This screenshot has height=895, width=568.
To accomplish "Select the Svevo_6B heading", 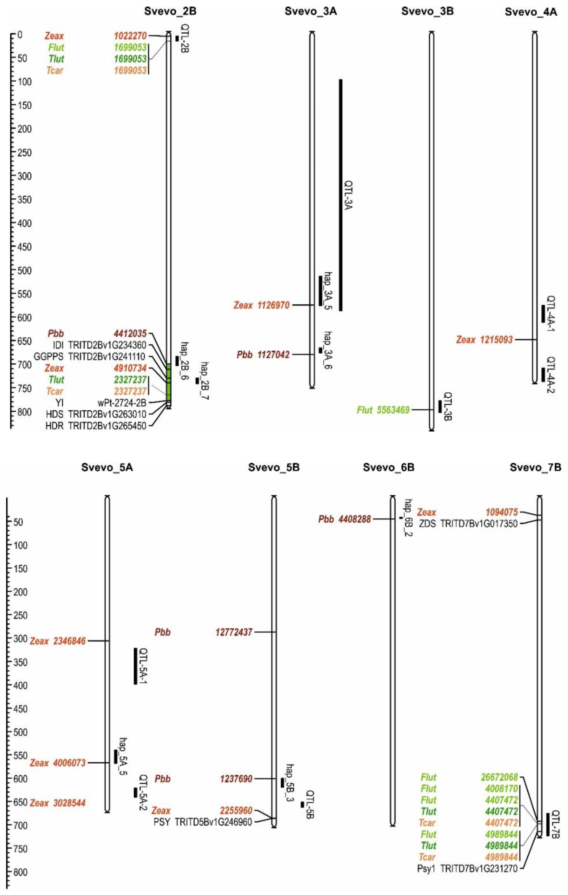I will (388, 467).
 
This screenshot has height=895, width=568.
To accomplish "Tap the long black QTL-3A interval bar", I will (340, 195).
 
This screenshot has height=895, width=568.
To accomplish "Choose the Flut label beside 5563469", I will (365, 410).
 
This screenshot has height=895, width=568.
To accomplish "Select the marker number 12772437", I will (234, 632).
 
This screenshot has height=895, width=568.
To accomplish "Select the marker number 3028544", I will (69, 803).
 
